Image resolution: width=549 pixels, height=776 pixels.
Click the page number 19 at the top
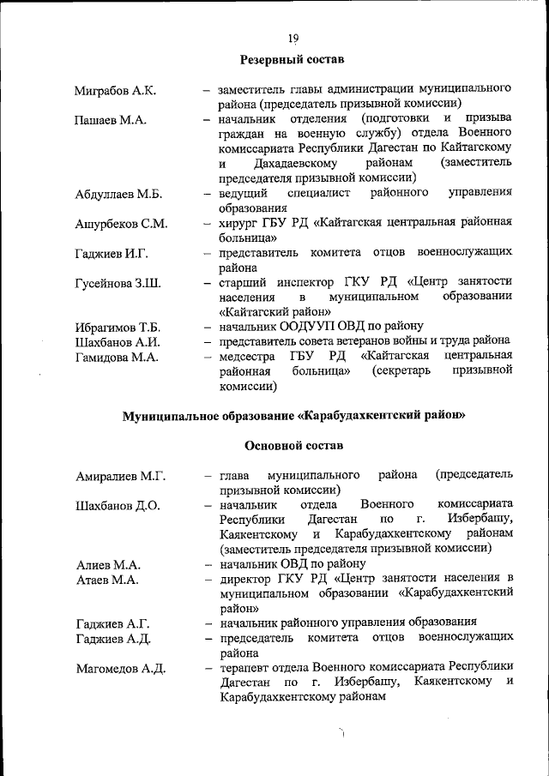tap(293, 38)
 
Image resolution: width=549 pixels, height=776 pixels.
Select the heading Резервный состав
tap(292, 60)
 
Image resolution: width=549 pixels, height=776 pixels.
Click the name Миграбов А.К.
tap(115, 90)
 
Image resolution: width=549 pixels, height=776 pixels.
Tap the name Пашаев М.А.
tap(111, 120)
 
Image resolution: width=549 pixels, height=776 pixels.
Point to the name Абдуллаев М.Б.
tap(118, 195)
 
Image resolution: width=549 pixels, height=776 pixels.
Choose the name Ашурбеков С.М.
tap(121, 225)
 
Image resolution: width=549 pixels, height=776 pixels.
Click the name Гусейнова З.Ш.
tap(118, 283)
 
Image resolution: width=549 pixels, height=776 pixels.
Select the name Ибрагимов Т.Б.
tap(118, 328)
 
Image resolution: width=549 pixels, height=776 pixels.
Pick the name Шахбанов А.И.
tap(117, 342)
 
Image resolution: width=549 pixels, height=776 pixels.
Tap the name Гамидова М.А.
tap(116, 358)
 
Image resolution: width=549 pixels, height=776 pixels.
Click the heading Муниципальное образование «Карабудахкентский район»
tap(293, 415)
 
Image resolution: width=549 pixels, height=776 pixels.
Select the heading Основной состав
tap(293, 446)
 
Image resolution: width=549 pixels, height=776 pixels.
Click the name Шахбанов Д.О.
tap(118, 506)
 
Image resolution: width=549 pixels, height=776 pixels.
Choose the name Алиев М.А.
tap(107, 565)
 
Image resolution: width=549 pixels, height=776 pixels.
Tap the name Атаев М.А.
tap(107, 580)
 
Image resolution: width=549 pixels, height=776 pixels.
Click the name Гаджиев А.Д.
tap(113, 639)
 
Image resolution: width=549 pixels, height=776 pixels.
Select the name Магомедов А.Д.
tap(120, 669)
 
